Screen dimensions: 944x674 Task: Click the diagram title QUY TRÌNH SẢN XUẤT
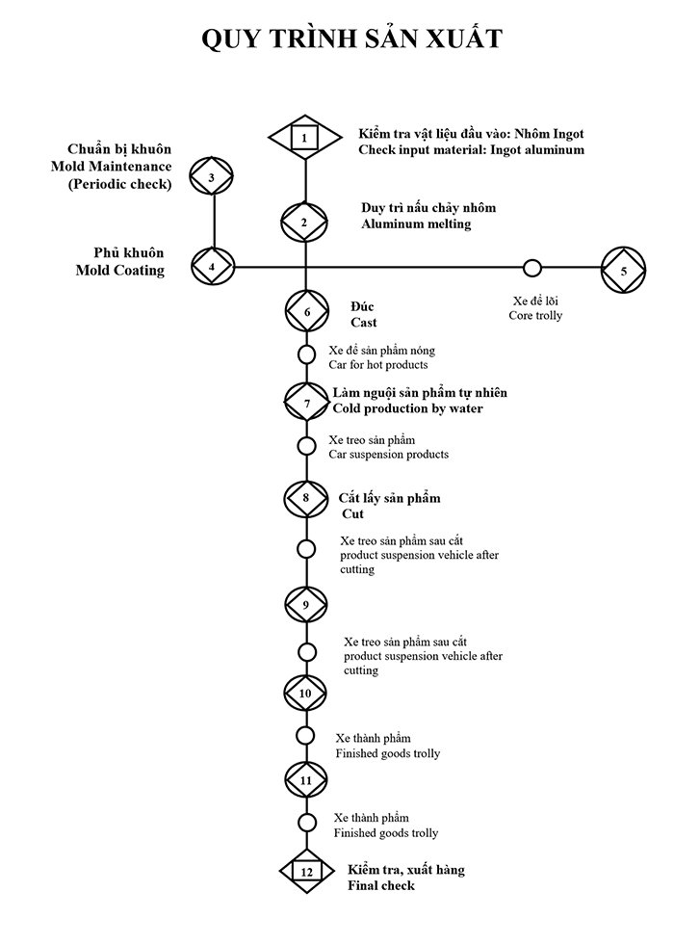click(351, 39)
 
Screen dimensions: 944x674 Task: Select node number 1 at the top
click(304, 139)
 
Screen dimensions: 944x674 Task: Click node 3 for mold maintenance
click(213, 178)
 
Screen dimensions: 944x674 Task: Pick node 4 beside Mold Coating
click(213, 265)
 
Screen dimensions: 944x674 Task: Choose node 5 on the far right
click(624, 271)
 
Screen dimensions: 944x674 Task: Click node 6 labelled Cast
click(307, 312)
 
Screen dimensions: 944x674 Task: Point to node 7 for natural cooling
click(307, 403)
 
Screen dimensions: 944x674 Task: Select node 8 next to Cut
click(306, 498)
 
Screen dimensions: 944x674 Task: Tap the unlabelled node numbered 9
click(306, 604)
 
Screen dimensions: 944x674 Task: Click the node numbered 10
click(306, 692)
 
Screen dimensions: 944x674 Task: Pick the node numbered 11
click(306, 778)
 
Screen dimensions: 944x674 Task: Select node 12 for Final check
click(306, 871)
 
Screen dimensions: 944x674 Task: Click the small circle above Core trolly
click(531, 268)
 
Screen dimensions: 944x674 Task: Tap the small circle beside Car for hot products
click(306, 354)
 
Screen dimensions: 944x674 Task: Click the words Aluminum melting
click(416, 224)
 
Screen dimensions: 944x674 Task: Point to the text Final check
click(381, 885)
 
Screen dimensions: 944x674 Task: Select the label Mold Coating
click(119, 271)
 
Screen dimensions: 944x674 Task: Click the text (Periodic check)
click(119, 185)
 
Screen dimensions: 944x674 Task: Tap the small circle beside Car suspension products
click(306, 446)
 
